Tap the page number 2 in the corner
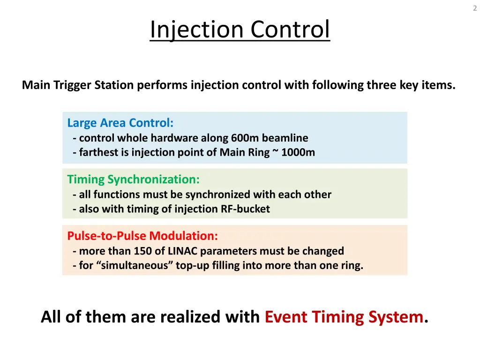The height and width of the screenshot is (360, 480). click(474, 8)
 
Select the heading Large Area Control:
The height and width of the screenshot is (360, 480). click(120, 123)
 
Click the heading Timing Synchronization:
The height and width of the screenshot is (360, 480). click(133, 179)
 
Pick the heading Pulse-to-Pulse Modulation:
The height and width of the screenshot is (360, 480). click(142, 235)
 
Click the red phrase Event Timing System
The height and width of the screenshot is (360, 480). click(344, 317)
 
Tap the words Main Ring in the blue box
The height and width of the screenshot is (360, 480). click(244, 152)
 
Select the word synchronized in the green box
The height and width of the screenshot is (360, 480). click(214, 195)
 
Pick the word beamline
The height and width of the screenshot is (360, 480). click(285, 138)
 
